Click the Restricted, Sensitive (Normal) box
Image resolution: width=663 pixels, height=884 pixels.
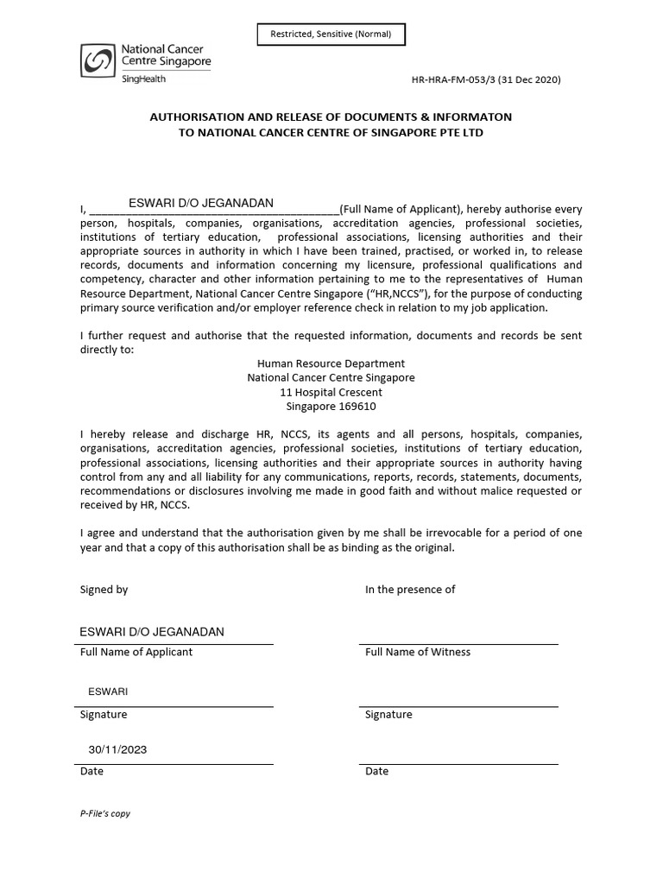click(331, 35)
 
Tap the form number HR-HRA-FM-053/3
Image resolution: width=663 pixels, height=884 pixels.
click(465, 79)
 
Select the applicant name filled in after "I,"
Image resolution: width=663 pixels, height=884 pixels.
click(200, 203)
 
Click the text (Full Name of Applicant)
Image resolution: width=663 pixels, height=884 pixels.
click(401, 209)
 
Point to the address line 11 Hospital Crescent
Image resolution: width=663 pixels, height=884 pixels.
click(331, 392)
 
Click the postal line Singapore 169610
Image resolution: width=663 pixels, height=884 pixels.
click(331, 406)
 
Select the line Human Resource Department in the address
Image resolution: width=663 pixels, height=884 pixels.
click(331, 363)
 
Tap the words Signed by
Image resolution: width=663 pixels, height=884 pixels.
click(104, 590)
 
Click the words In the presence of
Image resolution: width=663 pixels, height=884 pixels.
click(410, 590)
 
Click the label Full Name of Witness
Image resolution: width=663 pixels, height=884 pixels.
click(418, 652)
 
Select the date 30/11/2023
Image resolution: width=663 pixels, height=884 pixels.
click(117, 749)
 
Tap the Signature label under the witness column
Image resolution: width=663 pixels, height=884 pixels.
click(388, 715)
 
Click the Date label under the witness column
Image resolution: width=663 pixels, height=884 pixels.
click(376, 771)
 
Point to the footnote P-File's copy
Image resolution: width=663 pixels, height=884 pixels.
click(105, 813)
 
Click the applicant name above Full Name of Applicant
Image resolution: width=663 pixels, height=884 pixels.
click(152, 632)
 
